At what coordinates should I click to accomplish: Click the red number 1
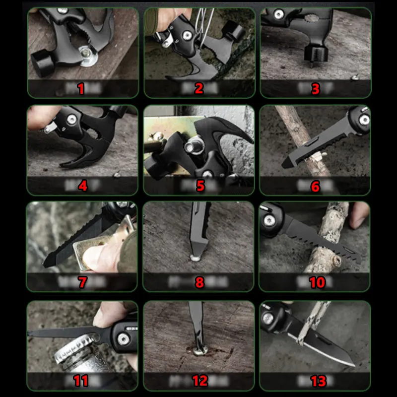click(81, 89)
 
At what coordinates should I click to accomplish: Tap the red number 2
click(199, 89)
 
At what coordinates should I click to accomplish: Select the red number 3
click(316, 89)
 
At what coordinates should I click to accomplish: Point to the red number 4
click(83, 186)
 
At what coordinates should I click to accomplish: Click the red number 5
click(200, 186)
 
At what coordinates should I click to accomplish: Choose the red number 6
click(316, 186)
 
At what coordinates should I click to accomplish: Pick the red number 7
click(82, 283)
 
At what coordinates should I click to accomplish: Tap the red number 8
click(199, 283)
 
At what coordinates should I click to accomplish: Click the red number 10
click(317, 283)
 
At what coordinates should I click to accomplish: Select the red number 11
click(81, 381)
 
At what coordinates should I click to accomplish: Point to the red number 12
click(199, 381)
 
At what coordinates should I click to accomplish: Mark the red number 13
click(318, 381)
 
